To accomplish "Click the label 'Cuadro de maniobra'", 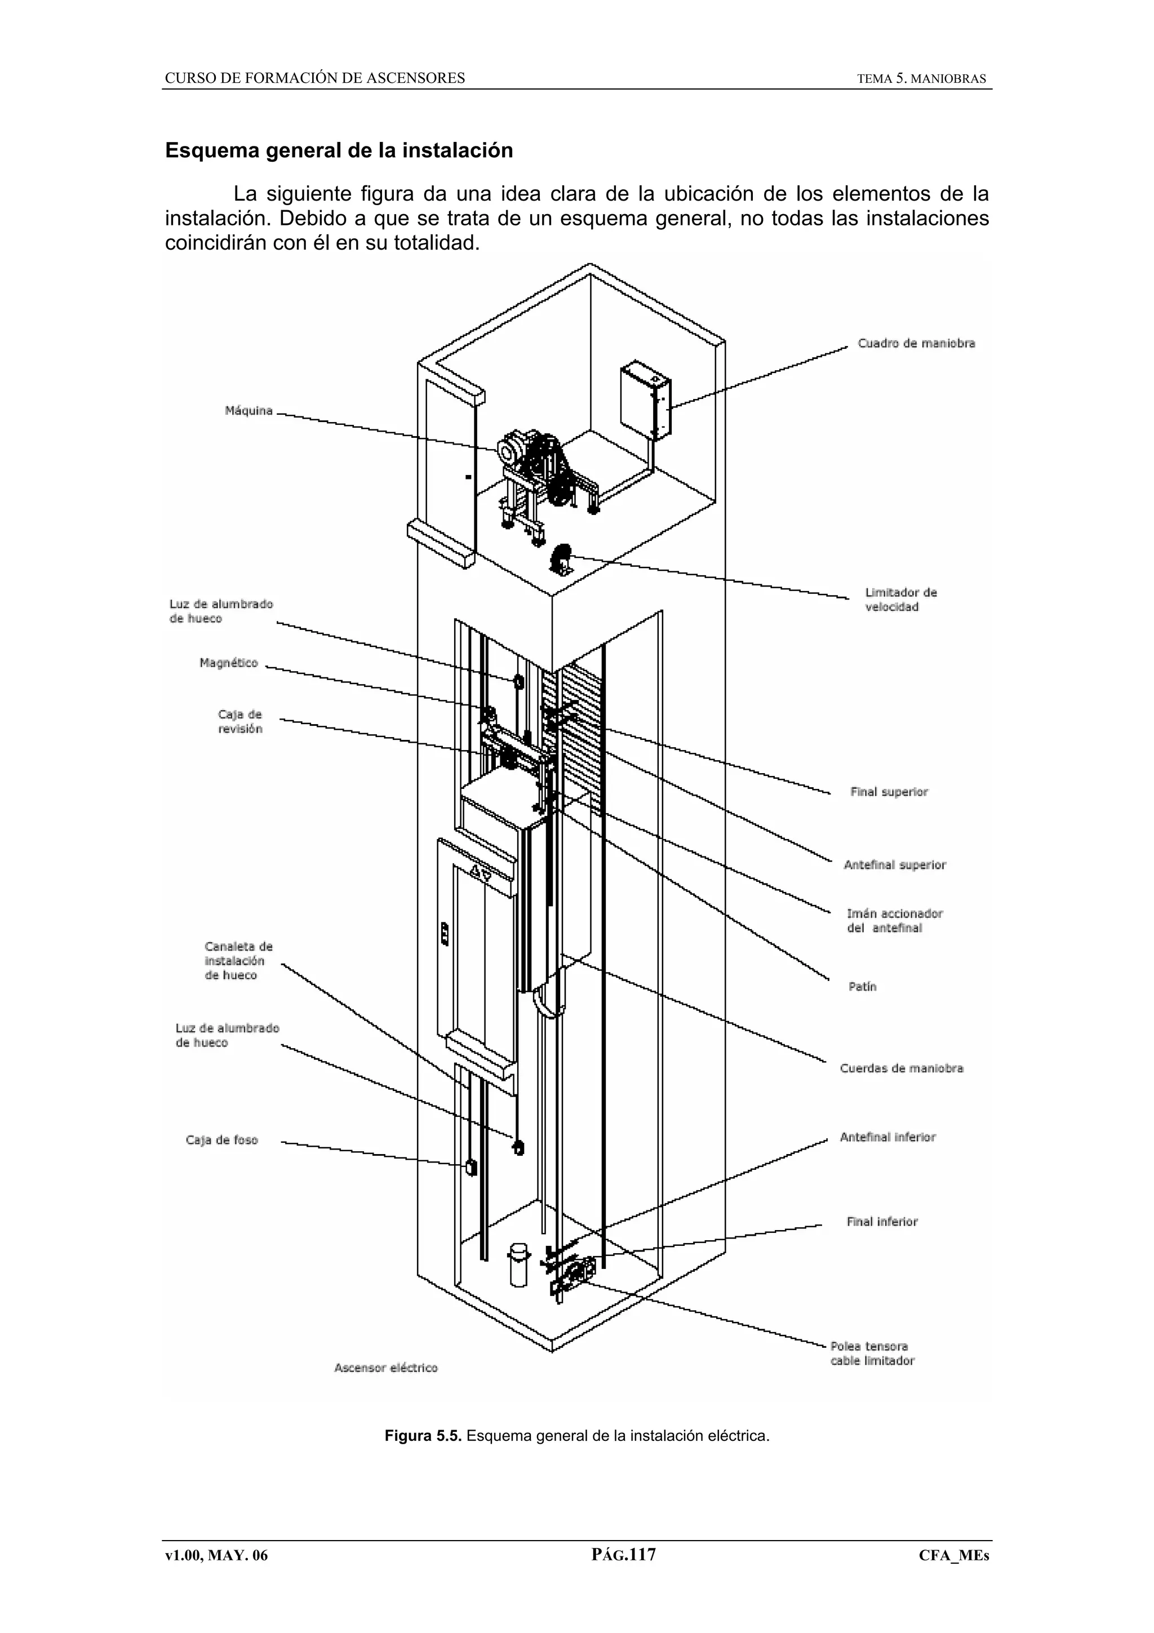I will (x=916, y=344).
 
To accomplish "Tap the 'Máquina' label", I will (x=249, y=411).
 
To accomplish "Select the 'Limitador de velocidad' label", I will (x=900, y=600).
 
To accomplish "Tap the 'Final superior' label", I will (x=889, y=792).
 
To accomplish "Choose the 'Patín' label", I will (x=862, y=987).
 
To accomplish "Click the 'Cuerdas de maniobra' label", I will (x=901, y=1068).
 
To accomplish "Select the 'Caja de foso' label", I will (x=222, y=1140).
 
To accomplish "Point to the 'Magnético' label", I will (x=228, y=663).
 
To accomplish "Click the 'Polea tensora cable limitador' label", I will (x=872, y=1354).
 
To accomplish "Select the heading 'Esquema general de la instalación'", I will (x=339, y=151).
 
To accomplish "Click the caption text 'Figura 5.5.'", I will (x=423, y=1435).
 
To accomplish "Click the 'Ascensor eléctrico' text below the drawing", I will (x=386, y=1368).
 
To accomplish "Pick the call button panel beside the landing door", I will (x=445, y=933).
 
